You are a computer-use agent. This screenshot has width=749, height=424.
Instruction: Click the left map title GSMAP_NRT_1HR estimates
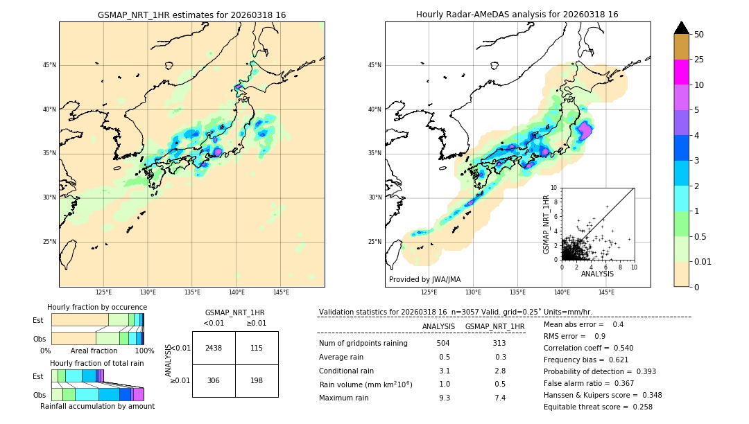point(191,15)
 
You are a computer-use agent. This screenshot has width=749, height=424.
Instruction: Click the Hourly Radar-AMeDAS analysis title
point(517,15)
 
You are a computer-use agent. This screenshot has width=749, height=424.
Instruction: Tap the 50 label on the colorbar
point(699,35)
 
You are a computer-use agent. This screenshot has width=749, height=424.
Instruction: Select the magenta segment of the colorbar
point(682,72)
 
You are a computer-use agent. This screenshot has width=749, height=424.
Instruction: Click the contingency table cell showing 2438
point(214,348)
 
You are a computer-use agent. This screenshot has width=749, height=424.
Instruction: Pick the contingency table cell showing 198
point(257,380)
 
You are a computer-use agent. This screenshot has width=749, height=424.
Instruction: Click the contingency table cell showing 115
point(257,348)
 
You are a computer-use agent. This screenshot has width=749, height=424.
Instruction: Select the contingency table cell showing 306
point(214,380)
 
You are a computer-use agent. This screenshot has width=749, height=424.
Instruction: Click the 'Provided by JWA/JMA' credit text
point(424,280)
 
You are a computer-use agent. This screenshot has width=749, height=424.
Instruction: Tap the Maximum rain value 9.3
point(444,398)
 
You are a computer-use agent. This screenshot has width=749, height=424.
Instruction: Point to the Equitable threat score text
point(598,407)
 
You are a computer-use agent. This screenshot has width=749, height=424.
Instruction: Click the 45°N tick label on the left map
point(49,65)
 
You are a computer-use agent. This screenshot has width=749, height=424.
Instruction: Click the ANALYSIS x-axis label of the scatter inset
point(597,274)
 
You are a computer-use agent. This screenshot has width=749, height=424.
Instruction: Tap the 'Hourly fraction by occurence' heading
point(97,307)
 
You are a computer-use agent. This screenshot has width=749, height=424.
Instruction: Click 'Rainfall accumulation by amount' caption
point(97,406)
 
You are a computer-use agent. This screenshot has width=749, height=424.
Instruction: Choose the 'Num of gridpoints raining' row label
point(363,343)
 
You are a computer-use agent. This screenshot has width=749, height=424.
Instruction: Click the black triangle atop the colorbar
point(682,28)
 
